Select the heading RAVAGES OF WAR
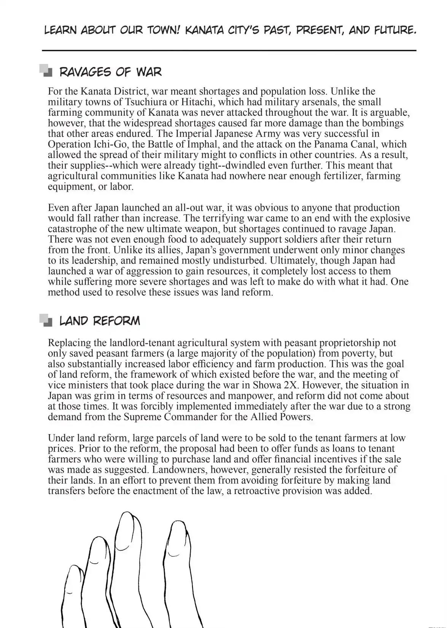pyautogui.click(x=111, y=72)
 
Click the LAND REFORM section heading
pyautogui.click(x=100, y=321)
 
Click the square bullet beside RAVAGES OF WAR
pyautogui.click(x=46, y=71)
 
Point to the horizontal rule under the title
pyautogui.click(x=229, y=51)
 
